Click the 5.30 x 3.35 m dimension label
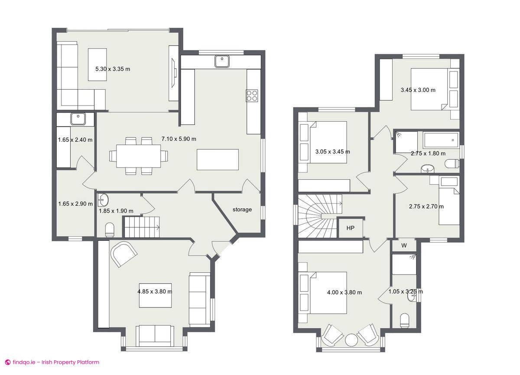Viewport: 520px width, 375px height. click(x=113, y=69)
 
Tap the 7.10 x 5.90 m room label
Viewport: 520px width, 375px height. click(x=179, y=139)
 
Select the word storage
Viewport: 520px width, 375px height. click(x=242, y=210)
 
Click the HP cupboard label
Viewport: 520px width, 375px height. click(x=350, y=228)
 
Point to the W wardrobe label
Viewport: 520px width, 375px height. click(x=404, y=246)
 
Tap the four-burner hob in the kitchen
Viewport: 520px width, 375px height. click(x=252, y=95)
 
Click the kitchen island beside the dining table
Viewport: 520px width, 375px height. click(x=218, y=159)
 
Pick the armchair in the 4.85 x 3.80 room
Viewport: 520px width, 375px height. click(x=124, y=253)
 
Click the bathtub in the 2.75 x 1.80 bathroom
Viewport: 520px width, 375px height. click(x=441, y=140)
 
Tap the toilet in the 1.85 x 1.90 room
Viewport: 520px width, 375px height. click(x=109, y=230)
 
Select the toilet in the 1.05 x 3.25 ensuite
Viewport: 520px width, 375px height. click(x=404, y=320)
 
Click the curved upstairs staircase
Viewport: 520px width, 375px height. click(x=318, y=215)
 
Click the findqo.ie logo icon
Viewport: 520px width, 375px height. click(x=7, y=362)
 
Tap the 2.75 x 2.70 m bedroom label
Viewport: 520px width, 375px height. click(x=426, y=207)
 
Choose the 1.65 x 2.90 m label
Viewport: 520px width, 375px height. click(x=75, y=204)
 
